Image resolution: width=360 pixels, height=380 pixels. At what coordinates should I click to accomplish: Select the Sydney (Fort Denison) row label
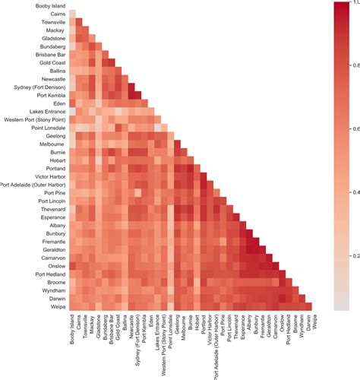[x=39, y=87]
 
